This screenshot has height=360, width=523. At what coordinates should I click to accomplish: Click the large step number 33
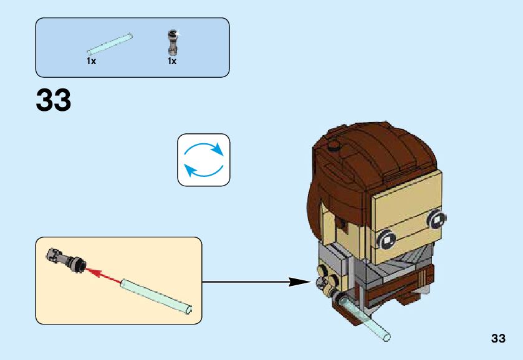pyautogui.click(x=54, y=100)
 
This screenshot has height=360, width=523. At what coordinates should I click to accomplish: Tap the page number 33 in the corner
pyautogui.click(x=497, y=338)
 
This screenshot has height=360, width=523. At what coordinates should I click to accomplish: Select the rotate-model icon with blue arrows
pyautogui.click(x=204, y=159)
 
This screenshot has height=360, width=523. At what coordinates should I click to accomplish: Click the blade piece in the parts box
pyautogui.click(x=110, y=44)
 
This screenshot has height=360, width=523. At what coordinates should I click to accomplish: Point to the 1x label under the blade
pyautogui.click(x=91, y=62)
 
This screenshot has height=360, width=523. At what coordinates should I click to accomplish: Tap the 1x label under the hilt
pyautogui.click(x=171, y=62)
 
